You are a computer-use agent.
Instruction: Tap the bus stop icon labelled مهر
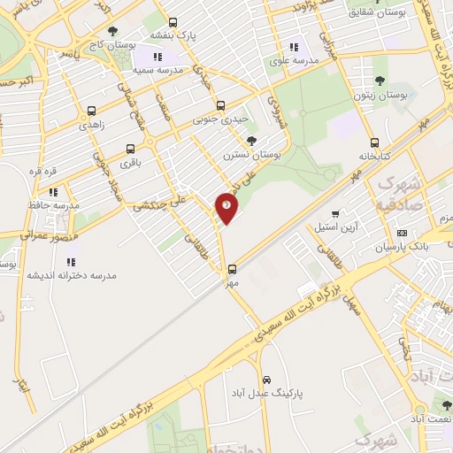(233, 268)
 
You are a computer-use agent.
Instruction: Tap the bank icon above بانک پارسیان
(403, 232)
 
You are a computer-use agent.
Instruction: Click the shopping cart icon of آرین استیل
(335, 213)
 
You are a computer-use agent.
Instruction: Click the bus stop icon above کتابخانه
(374, 142)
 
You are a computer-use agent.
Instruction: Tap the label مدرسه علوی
(293, 62)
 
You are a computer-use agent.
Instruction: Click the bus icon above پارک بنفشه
(172, 22)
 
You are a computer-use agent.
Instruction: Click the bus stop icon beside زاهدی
(91, 111)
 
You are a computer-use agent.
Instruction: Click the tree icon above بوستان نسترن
(252, 141)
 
